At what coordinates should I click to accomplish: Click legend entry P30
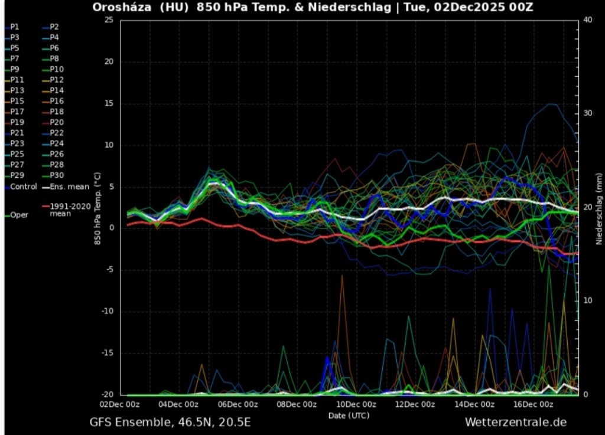point(56,175)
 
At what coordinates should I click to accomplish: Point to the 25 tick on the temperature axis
point(108,20)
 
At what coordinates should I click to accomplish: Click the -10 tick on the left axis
point(106,312)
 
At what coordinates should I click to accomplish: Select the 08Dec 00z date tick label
point(297,404)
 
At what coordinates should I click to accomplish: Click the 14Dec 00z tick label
point(474,404)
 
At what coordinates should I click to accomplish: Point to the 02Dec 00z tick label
point(120,404)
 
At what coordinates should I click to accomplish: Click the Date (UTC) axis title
point(348,416)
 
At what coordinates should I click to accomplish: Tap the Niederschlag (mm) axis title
point(598,206)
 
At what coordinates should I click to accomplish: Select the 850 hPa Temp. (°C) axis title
point(97,206)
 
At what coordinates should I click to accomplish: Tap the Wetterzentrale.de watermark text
point(515,422)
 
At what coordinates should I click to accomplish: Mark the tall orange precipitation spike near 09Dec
point(341,277)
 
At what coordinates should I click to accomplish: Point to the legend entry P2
point(54,27)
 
